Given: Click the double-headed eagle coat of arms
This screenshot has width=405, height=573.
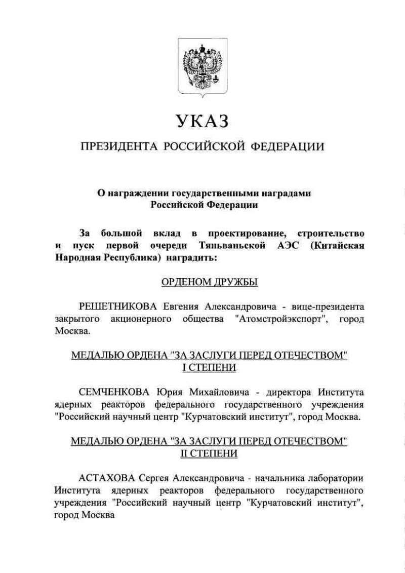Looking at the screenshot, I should (x=202, y=67).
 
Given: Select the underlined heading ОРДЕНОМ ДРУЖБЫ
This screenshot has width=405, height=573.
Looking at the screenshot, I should (x=209, y=281).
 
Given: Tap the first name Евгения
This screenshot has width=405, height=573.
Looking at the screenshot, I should (x=182, y=307).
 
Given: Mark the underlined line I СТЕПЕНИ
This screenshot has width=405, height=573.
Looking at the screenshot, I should (x=209, y=368).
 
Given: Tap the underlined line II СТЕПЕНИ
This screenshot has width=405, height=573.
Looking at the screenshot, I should (x=209, y=454).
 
